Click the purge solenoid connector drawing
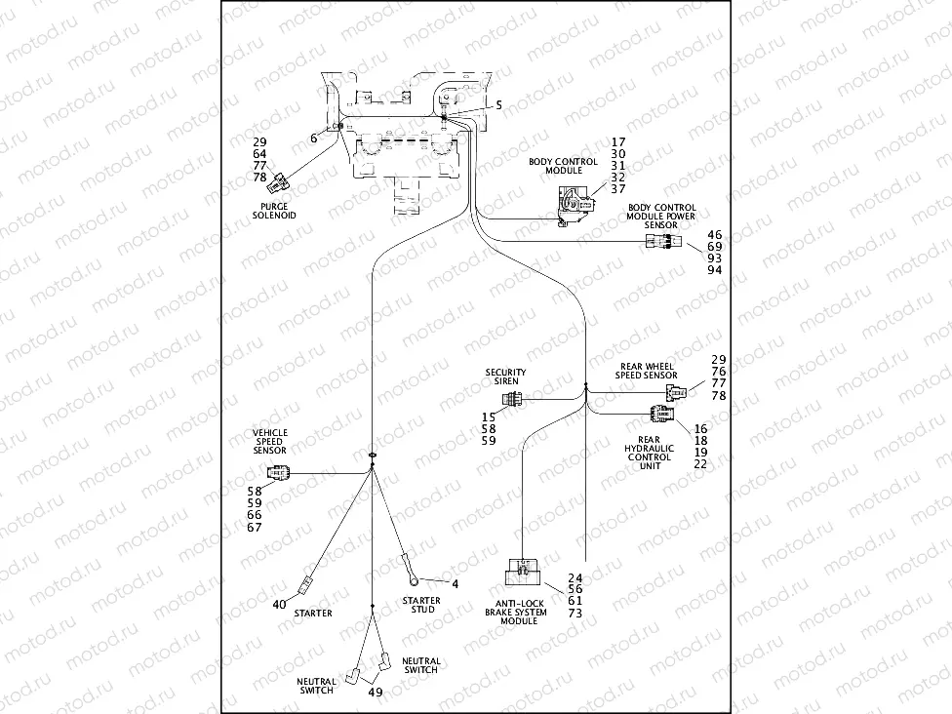281,180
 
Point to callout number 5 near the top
498,104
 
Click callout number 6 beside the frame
313,139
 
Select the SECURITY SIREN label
505,377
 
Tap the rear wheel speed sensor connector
675,391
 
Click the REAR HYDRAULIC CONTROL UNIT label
650,453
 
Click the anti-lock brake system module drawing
527,575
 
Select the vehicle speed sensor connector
280,474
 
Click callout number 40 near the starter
279,605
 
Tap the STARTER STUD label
421,605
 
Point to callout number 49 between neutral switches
375,692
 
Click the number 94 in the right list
715,270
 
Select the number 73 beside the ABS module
575,613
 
